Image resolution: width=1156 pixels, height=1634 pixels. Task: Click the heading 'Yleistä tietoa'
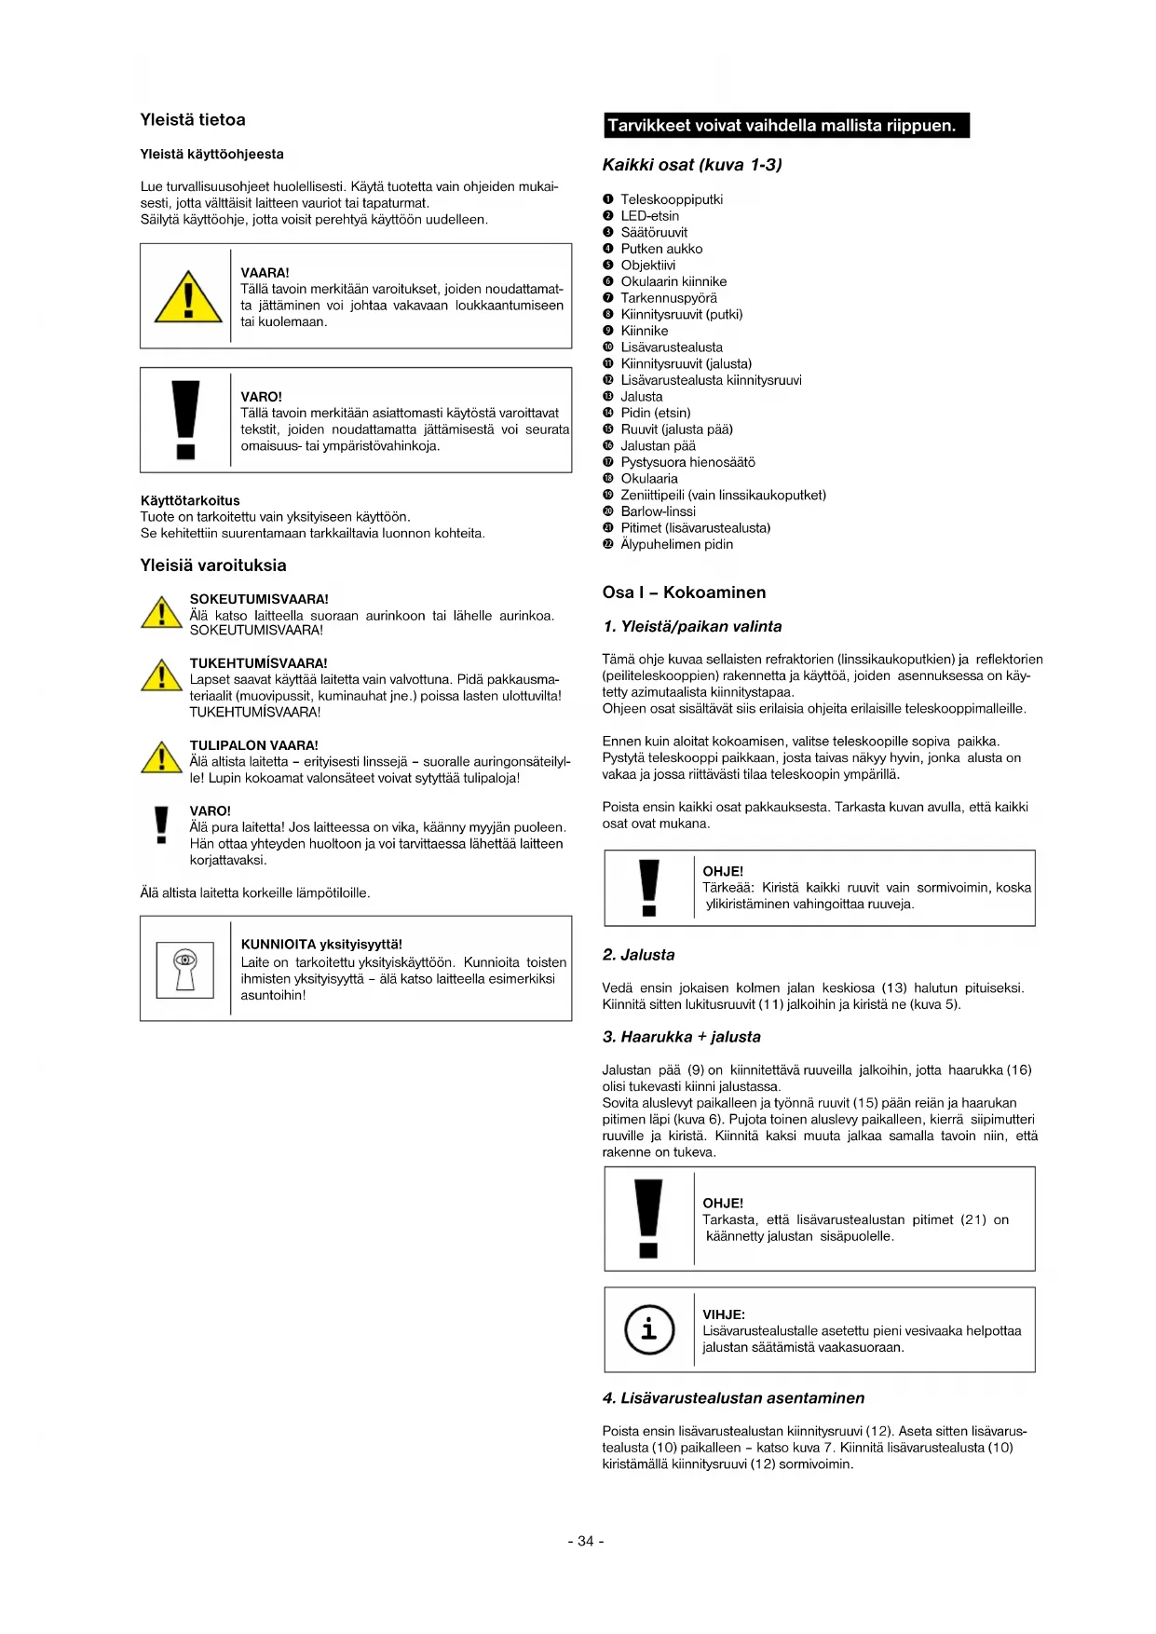click(x=193, y=120)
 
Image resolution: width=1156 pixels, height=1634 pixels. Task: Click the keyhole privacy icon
click(x=185, y=969)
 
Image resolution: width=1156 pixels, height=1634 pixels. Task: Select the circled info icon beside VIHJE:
click(x=648, y=1329)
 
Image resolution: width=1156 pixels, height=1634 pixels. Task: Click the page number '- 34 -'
click(x=586, y=1541)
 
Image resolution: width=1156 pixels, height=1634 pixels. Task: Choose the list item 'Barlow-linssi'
click(x=658, y=511)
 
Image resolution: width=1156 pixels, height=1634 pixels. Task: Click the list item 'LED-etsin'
click(x=649, y=216)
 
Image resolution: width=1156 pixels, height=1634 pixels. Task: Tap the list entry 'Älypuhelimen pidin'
click(x=676, y=544)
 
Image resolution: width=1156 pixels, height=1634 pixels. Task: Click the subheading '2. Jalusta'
click(x=638, y=955)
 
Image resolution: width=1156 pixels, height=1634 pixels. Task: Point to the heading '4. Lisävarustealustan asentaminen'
click(x=733, y=1398)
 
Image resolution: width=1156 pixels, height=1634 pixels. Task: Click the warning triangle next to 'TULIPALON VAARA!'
click(x=161, y=758)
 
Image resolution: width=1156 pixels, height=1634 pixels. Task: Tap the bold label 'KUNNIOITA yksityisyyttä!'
click(x=321, y=944)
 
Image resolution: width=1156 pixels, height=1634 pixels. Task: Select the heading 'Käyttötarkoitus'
click(x=190, y=500)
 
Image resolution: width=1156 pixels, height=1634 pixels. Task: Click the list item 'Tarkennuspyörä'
click(x=669, y=298)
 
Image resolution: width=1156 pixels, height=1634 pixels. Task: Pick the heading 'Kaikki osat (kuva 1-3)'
click(x=692, y=165)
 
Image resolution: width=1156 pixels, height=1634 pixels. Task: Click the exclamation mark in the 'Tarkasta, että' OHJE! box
click(x=648, y=1218)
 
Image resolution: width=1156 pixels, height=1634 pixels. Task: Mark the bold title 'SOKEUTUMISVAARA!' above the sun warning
click(x=259, y=599)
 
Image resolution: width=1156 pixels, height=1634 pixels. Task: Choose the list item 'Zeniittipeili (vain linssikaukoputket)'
click(x=723, y=495)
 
